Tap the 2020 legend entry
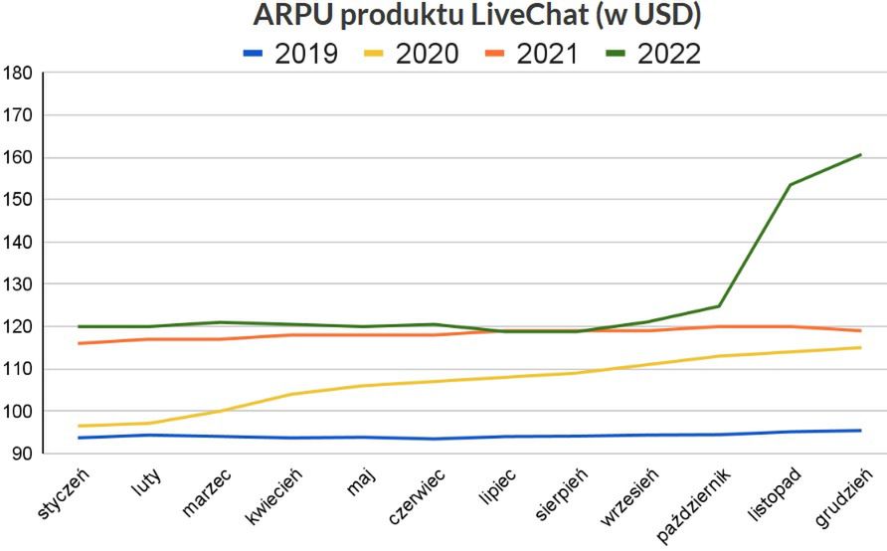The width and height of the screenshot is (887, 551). click(x=412, y=53)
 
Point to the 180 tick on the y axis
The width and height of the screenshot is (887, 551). click(x=19, y=74)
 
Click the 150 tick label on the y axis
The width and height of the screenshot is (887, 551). click(x=19, y=200)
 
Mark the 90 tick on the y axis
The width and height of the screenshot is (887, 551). click(x=23, y=455)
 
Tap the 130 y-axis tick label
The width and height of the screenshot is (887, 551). click(x=19, y=284)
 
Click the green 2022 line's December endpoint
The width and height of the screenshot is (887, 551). click(x=860, y=155)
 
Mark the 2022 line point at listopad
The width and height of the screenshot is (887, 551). click(x=790, y=184)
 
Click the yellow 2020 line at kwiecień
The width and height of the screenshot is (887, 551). click(x=290, y=394)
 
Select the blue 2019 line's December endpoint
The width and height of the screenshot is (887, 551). click(x=860, y=431)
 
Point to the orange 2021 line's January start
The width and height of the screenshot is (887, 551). click(x=79, y=343)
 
